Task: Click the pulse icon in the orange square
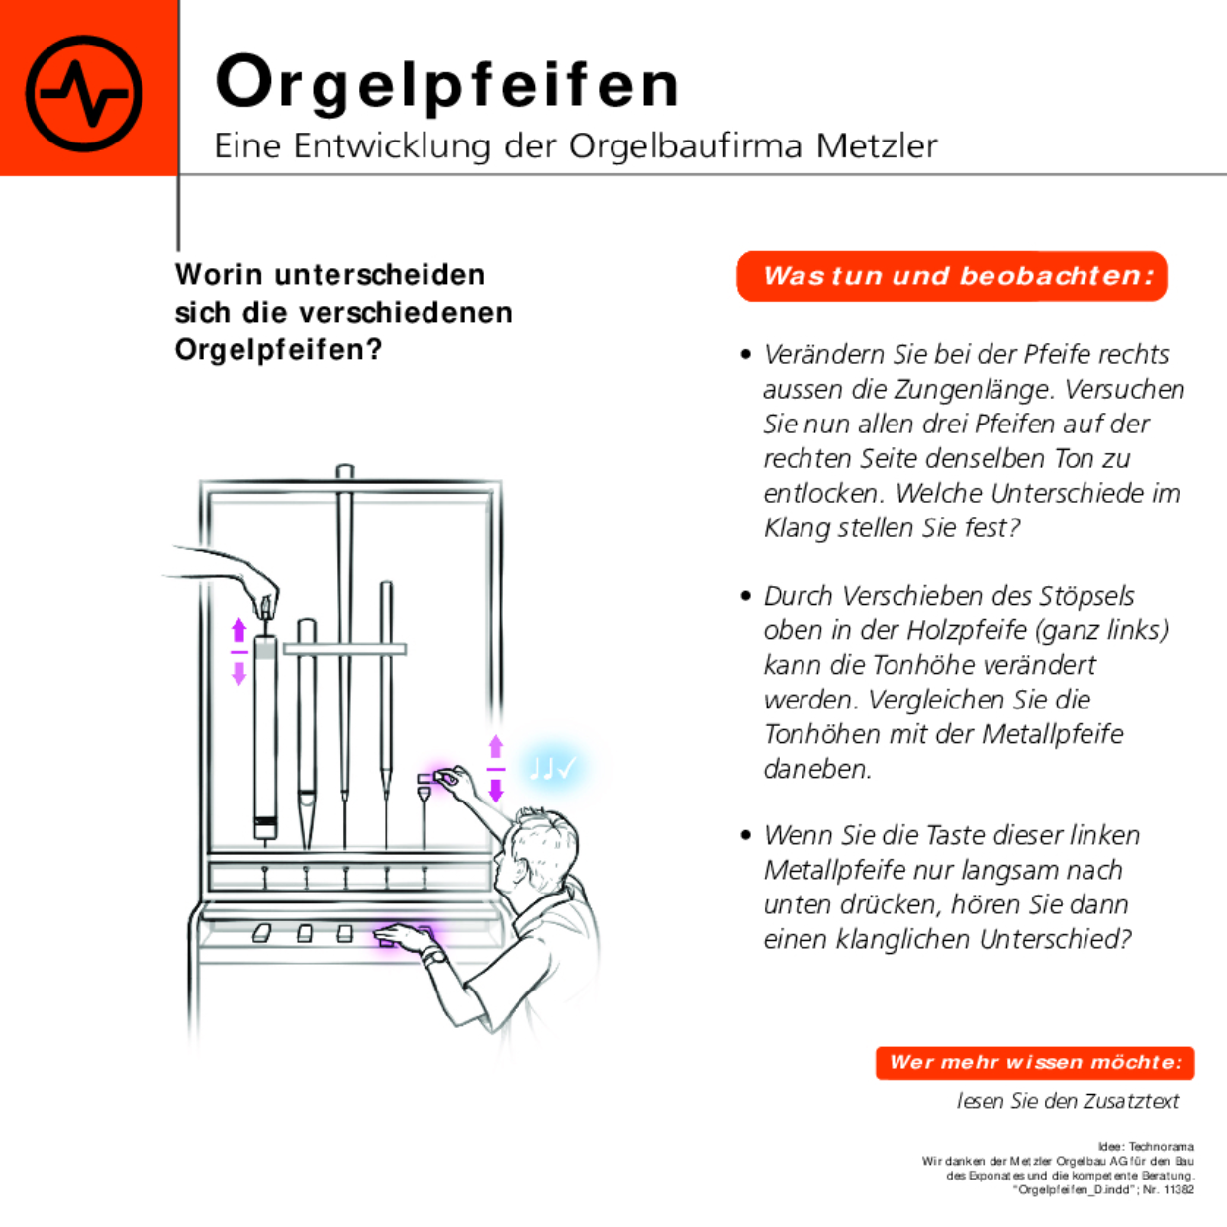pyautogui.click(x=84, y=93)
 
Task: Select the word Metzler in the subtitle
pyautogui.click(x=877, y=146)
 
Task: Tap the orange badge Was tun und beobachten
pyautogui.click(x=952, y=276)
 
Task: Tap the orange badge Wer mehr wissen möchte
pyautogui.click(x=1035, y=1063)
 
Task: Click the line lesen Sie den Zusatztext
pyautogui.click(x=1068, y=1101)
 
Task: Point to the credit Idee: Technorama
pyautogui.click(x=1146, y=1146)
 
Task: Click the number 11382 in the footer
pyautogui.click(x=1179, y=1190)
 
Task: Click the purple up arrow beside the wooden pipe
pyautogui.click(x=238, y=631)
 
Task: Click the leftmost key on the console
pyautogui.click(x=262, y=933)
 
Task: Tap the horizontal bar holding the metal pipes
pyautogui.click(x=344, y=649)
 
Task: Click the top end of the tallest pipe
pyautogui.click(x=344, y=470)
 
